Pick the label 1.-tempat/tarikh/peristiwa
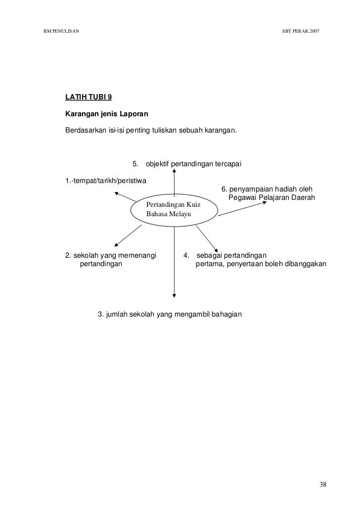coord(106,180)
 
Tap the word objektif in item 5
coord(157,164)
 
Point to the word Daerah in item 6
coord(302,198)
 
